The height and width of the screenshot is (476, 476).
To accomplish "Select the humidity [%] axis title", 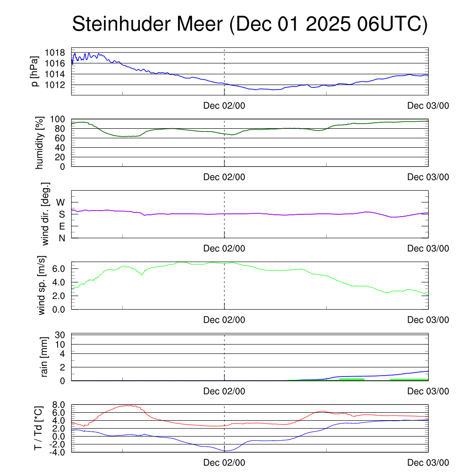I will (x=39, y=143).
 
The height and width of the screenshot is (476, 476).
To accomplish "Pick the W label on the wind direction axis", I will (x=61, y=202).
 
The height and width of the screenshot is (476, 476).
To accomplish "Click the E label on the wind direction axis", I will (x=61, y=226).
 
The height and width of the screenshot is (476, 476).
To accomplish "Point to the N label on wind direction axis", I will (x=61, y=238).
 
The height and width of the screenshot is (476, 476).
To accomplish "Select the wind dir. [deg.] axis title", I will (x=45, y=214).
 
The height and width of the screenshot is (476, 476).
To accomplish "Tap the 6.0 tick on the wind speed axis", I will (x=58, y=269).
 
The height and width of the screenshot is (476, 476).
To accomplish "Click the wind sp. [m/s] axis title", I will (x=42, y=285).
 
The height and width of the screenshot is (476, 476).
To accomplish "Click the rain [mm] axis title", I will (x=45, y=357).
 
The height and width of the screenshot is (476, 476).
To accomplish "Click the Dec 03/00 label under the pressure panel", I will (x=428, y=106).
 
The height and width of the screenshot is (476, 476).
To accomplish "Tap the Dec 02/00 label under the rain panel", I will (x=224, y=391).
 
